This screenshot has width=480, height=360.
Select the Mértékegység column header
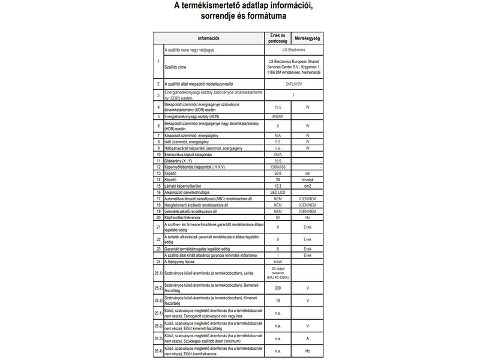(307, 38)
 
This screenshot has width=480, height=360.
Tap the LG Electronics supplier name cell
(293, 51)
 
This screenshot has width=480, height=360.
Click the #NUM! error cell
(278, 115)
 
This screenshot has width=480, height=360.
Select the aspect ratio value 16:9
(278, 161)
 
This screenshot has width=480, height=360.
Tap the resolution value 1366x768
(278, 167)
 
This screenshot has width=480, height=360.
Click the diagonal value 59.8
(278, 173)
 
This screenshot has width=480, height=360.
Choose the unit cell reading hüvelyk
(307, 179)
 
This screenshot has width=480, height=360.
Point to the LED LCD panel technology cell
(278, 193)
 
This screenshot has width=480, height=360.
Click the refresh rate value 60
(278, 217)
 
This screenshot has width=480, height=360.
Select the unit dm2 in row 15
(307, 186)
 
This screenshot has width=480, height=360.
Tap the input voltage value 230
(278, 289)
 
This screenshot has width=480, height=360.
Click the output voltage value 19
(278, 300)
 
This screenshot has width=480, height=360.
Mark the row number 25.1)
(158, 274)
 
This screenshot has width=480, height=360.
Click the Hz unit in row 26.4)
(307, 350)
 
